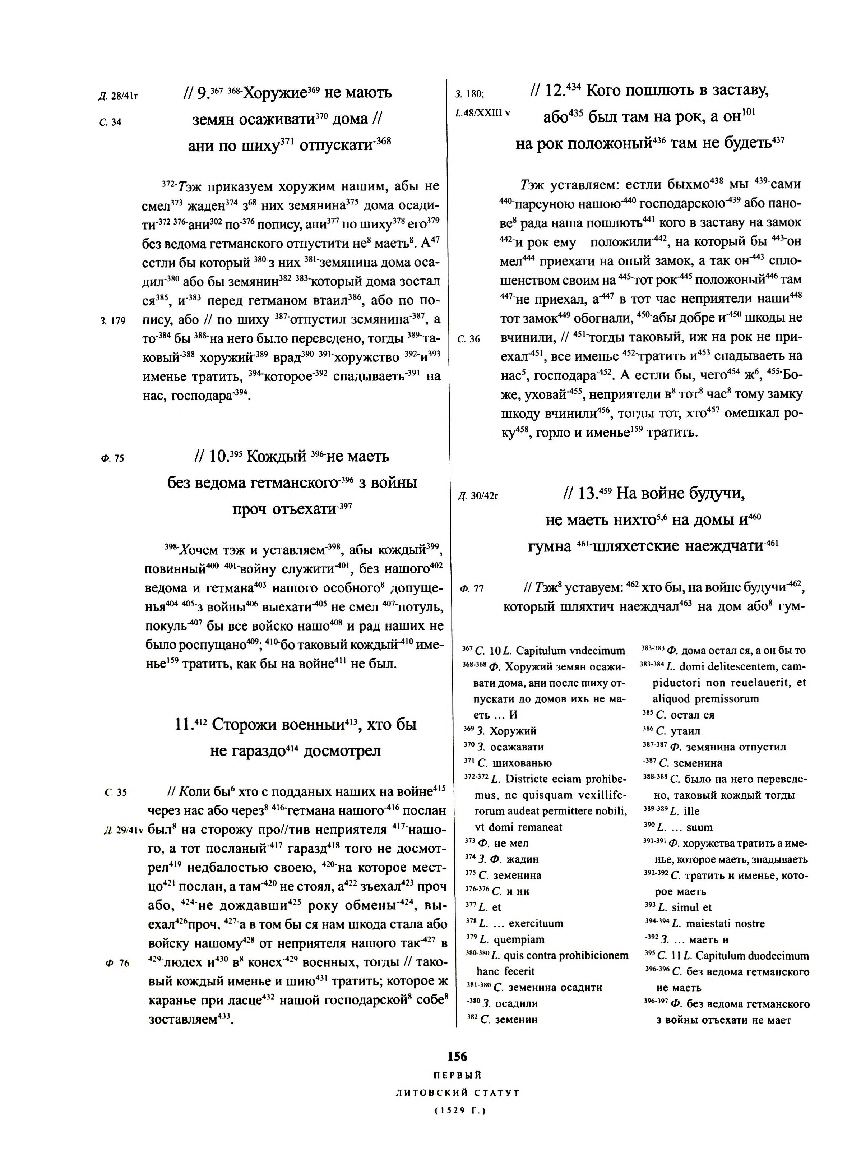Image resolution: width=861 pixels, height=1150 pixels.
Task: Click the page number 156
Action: [x=457, y=1056]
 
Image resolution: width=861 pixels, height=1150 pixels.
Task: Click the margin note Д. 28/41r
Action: [x=118, y=96]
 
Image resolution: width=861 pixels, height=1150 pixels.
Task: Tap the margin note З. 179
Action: [x=113, y=321]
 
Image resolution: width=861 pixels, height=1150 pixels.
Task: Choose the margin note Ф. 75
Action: [x=112, y=458]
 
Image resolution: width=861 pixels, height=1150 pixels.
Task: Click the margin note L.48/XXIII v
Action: [x=482, y=113]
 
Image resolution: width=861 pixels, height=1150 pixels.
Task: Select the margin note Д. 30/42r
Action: [x=478, y=496]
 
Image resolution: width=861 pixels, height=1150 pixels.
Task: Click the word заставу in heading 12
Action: [x=738, y=91]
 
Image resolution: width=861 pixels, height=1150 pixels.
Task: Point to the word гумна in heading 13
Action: [x=549, y=547]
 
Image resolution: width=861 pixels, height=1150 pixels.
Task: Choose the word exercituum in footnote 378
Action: [x=536, y=923]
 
